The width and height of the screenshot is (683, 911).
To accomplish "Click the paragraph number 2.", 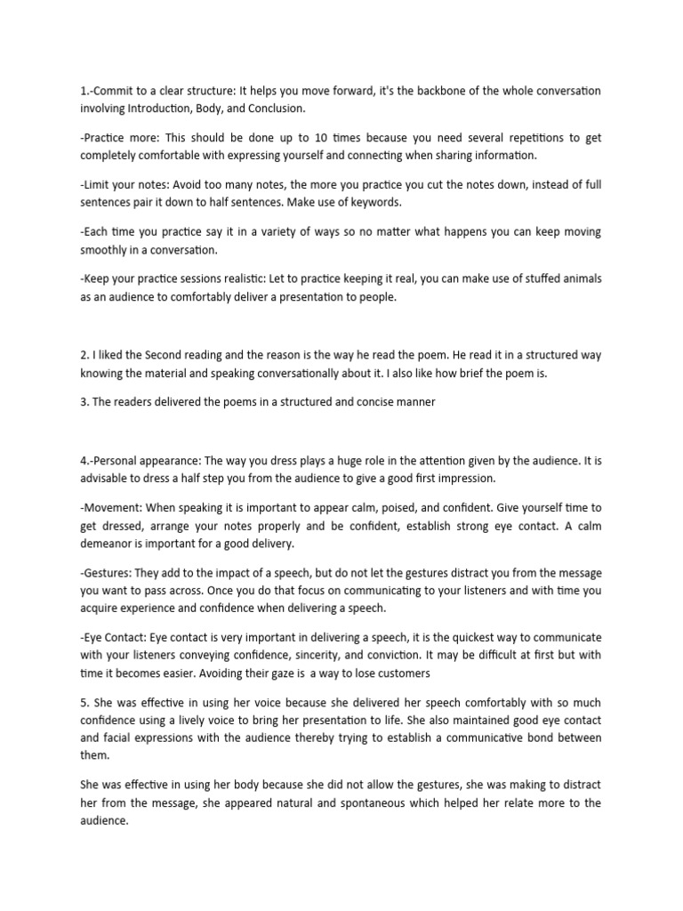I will click(83, 355).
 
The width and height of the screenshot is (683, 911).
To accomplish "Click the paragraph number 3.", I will click(83, 402).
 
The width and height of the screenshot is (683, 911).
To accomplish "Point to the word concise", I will click(361, 402).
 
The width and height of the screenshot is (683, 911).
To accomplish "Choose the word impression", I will click(462, 478).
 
